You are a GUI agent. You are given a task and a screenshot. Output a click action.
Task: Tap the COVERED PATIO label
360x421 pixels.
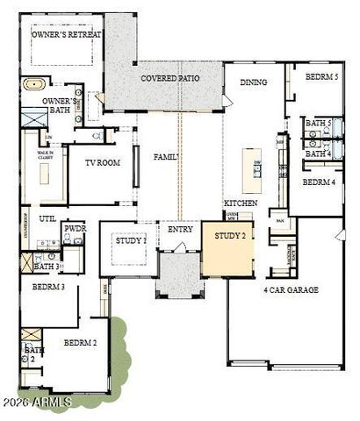(x=169, y=78)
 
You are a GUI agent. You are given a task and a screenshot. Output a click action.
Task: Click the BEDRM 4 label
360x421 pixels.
(x=319, y=182)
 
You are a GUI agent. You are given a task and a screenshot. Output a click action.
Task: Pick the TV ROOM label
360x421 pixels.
(x=102, y=162)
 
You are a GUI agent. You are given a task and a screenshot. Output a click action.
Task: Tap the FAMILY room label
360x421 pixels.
(x=166, y=157)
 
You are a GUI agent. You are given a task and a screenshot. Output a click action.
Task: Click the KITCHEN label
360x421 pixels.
(x=240, y=203)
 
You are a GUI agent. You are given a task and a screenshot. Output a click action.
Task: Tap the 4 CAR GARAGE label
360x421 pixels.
(x=291, y=289)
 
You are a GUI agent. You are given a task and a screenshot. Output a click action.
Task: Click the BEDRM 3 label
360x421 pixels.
(x=47, y=287)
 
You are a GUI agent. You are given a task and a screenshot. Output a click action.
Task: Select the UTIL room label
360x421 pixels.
(x=47, y=218)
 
